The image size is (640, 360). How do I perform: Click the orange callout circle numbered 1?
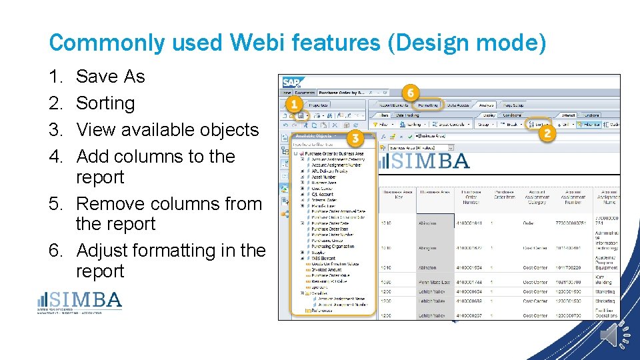(x=292, y=105)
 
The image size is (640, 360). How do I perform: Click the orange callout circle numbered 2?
(x=548, y=133)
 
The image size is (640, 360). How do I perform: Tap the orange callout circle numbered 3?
(x=355, y=139)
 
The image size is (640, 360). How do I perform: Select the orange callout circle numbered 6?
(x=411, y=92)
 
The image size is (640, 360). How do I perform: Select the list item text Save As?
(x=110, y=77)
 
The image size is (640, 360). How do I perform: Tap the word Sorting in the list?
(x=105, y=103)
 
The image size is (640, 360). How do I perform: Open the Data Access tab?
(x=458, y=105)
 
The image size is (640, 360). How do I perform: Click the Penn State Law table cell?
(x=433, y=283)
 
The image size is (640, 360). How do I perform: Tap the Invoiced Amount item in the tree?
(x=327, y=269)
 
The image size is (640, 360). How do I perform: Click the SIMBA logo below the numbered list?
(x=80, y=301)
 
